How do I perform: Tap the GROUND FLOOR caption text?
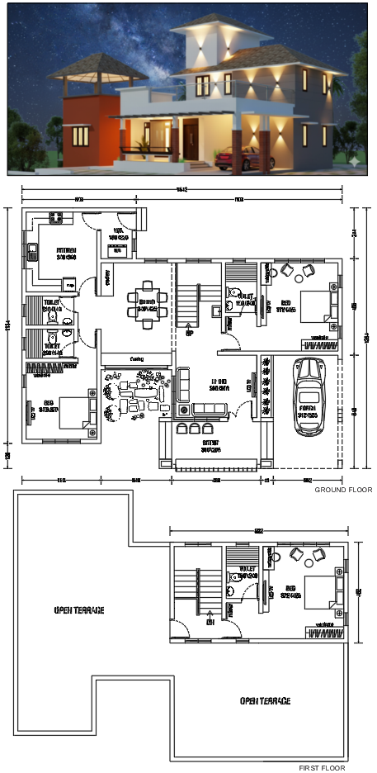click(342, 490)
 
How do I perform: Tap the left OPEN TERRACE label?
click(79, 610)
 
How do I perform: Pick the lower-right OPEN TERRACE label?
click(265, 700)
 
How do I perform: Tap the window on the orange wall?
click(81, 136)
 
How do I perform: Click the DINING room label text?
click(147, 303)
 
